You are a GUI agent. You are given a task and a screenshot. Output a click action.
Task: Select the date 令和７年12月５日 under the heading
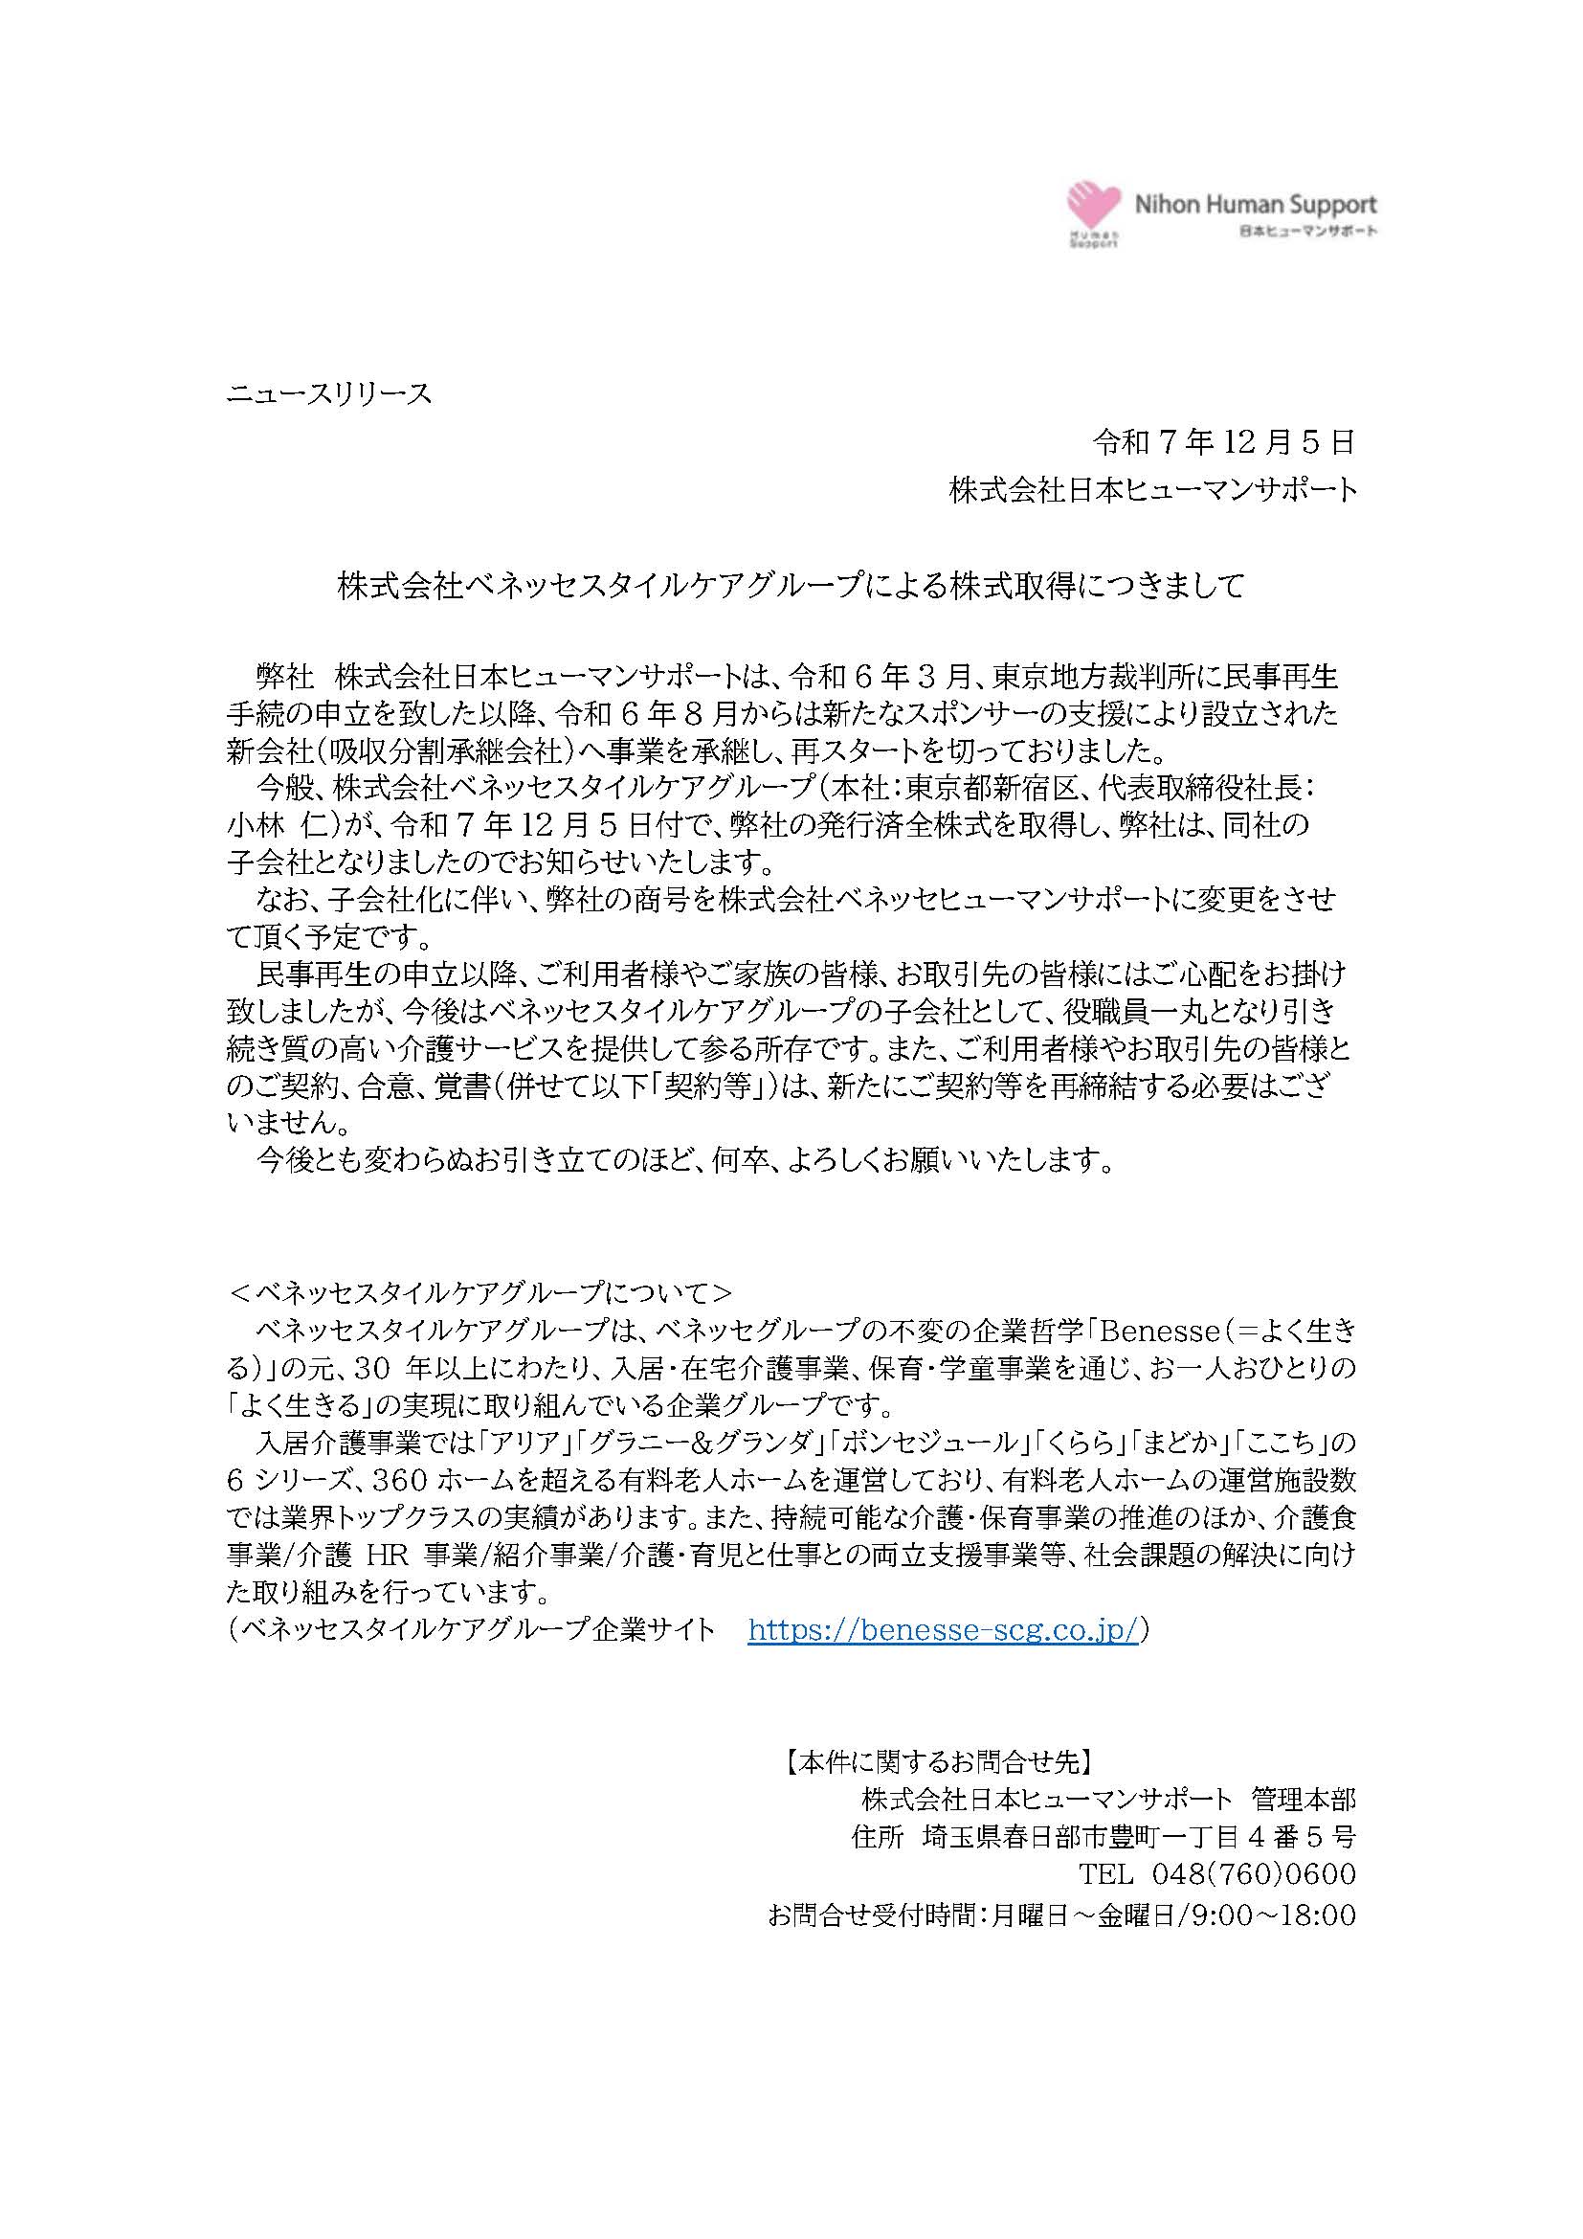pos(1224,443)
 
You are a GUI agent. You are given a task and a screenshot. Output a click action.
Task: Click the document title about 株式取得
pos(791,586)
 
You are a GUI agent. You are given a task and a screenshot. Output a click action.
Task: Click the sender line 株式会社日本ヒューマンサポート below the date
pos(1153,489)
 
